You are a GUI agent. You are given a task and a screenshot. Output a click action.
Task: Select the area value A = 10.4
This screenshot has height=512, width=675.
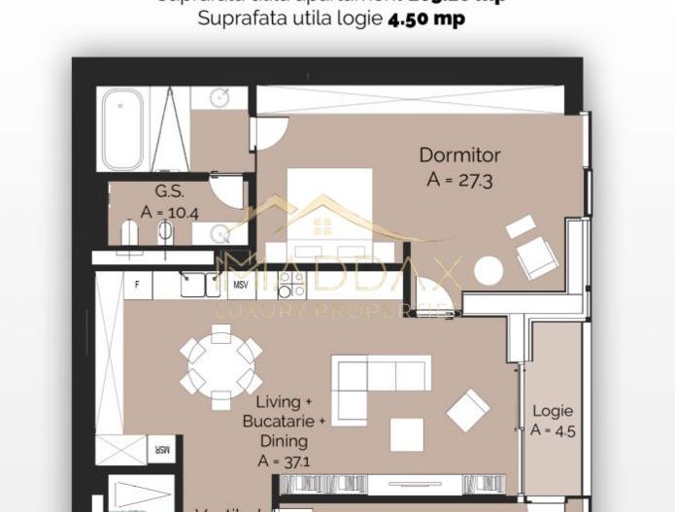pos(170,211)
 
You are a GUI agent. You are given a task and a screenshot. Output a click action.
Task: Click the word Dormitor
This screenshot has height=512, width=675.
pos(459,154)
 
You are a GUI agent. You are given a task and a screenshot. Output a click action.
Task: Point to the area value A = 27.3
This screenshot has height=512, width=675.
pos(459,179)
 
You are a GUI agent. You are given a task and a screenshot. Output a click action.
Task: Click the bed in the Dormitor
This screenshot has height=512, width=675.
pos(330,214)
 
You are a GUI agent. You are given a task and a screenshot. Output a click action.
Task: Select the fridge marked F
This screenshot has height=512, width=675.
pos(139,285)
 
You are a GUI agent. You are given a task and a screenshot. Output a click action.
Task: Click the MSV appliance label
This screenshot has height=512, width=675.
pos(241,285)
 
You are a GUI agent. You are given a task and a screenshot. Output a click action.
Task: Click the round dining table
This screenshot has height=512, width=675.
pos(221,365)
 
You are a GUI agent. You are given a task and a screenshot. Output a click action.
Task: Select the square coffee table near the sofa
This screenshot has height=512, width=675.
pos(407,434)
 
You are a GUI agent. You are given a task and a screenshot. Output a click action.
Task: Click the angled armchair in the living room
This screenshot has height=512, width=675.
pos(468,409)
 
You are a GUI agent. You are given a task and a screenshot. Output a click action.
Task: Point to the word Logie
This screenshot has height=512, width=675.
pos(553,411)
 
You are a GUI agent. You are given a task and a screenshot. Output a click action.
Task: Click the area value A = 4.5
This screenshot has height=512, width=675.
pos(553,431)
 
